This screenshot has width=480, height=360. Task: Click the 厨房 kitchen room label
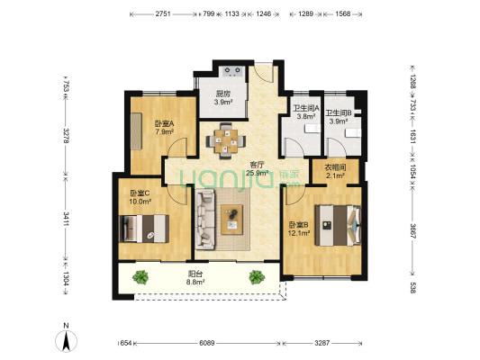click(x=224, y=97)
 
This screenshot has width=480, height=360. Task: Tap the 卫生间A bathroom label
click(x=303, y=112)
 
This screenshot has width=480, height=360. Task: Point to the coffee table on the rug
click(x=234, y=216)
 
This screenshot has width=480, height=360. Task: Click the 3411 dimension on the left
click(x=66, y=217)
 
